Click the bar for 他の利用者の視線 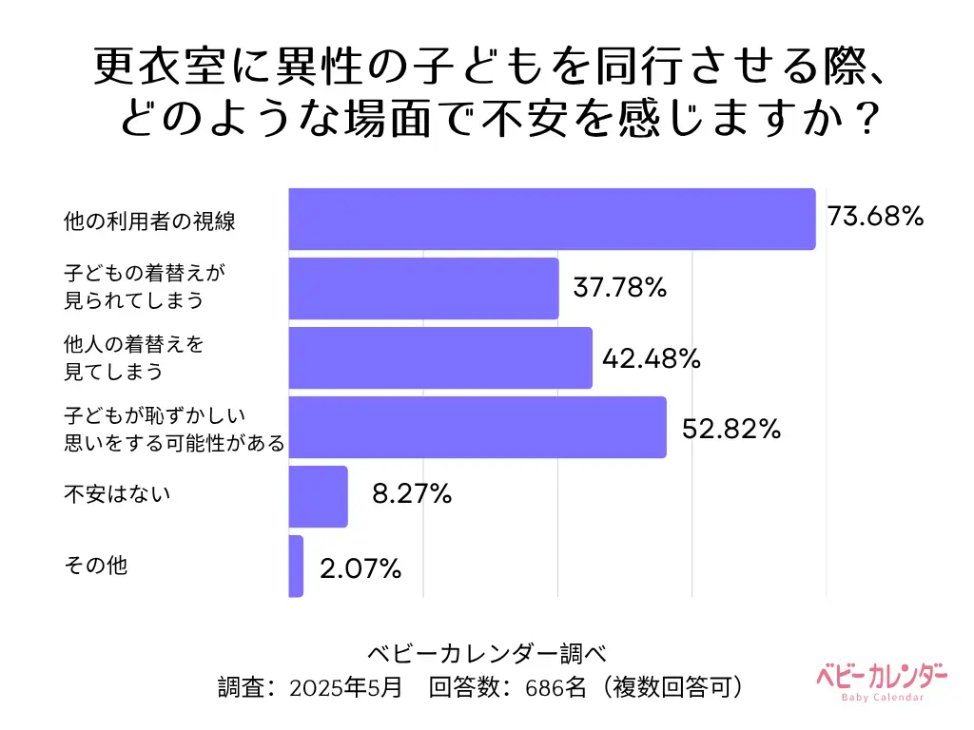point(552,220)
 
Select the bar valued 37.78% point(423,289)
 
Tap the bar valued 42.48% point(440,358)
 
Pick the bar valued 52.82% point(477,428)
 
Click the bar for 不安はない point(318,497)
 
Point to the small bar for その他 point(296,567)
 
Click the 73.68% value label point(875,218)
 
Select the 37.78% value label point(619,287)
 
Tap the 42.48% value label point(653,357)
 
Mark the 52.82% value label point(731,429)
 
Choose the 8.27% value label point(412,495)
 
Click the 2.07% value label point(360,568)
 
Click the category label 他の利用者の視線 point(149,222)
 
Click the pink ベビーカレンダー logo point(882,681)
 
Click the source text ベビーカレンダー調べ point(486,654)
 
